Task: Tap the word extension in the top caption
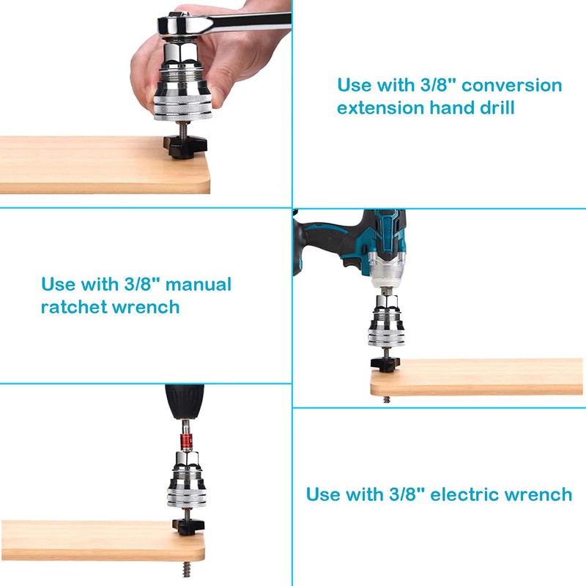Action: pos(380,108)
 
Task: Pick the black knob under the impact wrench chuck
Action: pos(384,362)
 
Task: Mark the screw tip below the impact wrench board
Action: pos(386,401)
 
